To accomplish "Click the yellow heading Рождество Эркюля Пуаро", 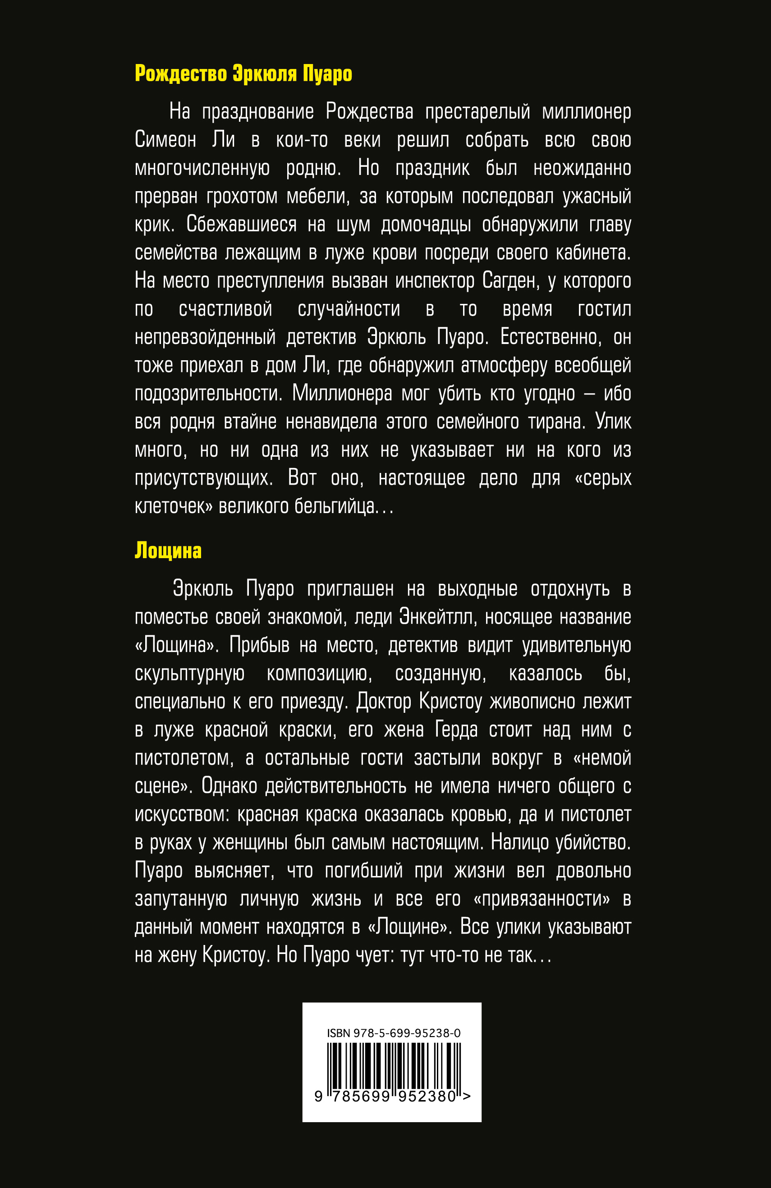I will point(243,74).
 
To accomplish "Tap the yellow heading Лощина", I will point(168,550).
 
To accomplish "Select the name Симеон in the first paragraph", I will point(165,140).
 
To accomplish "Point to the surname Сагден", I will point(510,280).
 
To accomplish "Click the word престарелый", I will point(477,111).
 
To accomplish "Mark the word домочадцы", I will point(426,225).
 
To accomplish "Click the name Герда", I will point(456,730).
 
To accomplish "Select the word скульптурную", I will point(190,674).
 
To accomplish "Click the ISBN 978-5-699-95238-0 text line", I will point(393,1033).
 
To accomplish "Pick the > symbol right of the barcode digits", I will point(466,1096).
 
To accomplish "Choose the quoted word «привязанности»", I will point(542,899).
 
